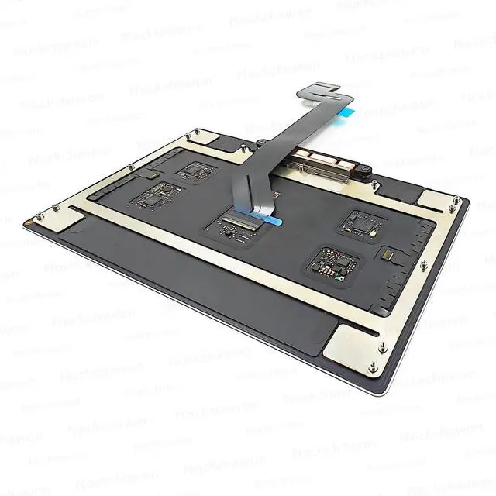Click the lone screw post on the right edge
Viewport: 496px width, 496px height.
pyautogui.click(x=424, y=266)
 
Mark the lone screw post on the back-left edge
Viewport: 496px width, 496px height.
pyautogui.click(x=131, y=167)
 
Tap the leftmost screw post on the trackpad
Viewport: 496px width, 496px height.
pyautogui.click(x=36, y=218)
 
